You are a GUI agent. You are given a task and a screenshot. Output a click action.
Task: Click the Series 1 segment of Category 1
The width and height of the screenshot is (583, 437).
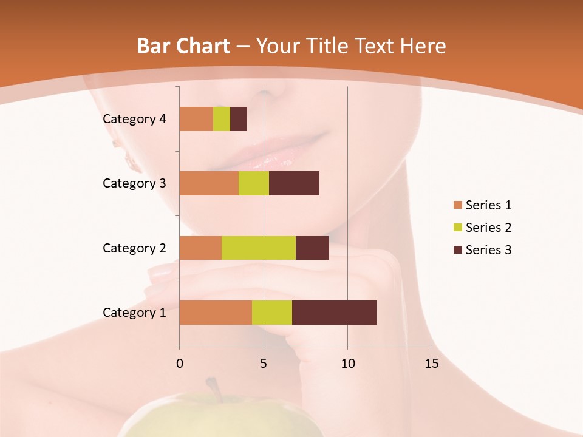coord(216,313)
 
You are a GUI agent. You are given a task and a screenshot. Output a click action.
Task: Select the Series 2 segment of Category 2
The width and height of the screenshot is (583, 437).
coord(259,248)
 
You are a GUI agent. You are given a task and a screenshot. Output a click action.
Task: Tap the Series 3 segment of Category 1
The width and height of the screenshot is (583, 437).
coord(334,313)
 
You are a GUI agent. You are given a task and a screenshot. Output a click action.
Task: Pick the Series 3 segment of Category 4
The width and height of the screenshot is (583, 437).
coord(239,119)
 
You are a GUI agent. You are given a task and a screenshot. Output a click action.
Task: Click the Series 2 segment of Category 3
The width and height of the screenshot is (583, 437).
coord(254,183)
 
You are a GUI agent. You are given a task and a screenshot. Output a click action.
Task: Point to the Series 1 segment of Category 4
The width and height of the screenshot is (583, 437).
coord(196,119)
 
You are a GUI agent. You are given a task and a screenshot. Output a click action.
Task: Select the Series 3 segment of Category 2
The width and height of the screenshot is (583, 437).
coord(312,248)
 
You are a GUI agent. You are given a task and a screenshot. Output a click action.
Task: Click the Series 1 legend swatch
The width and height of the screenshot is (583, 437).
coord(457,205)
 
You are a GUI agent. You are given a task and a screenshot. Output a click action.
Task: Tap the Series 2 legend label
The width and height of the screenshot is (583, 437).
coord(488,228)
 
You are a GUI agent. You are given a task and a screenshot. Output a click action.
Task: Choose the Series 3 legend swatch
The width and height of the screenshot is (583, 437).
coord(457,250)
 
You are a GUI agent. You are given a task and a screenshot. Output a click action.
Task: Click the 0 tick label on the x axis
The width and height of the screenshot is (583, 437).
coord(179,364)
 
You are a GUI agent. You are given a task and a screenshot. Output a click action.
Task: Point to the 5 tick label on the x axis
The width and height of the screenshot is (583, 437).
coord(264,364)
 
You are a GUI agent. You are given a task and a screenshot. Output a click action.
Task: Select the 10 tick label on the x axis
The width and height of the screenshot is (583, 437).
coord(347,364)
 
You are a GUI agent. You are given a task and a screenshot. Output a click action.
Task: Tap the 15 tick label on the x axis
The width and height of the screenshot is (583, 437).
coord(432,364)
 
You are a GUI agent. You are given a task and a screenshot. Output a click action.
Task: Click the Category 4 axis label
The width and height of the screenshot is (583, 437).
coord(134,119)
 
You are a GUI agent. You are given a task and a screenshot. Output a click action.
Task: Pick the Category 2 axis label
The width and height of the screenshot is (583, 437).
coord(134,248)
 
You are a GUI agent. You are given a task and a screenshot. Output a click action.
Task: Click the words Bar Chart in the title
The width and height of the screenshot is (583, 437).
coord(183,46)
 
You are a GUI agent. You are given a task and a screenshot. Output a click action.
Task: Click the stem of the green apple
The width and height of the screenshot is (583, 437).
coord(213,388)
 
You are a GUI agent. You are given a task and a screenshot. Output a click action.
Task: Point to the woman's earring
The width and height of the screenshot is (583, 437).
coord(129,159)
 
